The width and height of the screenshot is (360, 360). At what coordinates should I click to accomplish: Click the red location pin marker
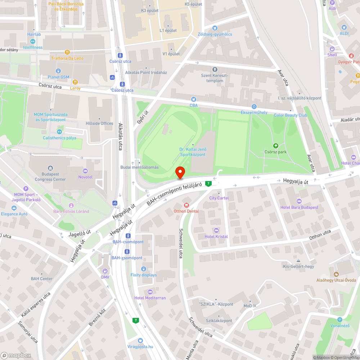pyautogui.click(x=180, y=172)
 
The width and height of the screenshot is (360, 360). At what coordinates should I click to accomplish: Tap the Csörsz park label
pyautogui.click(x=275, y=152)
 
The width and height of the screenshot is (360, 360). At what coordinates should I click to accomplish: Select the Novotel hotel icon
pyautogui.click(x=85, y=171)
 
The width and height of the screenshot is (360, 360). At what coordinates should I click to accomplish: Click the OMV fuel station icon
pyautogui.click(x=105, y=271)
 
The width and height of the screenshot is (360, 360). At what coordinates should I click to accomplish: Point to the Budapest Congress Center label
pyautogui.click(x=50, y=176)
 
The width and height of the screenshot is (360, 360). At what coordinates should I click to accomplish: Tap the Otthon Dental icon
pyautogui.click(x=186, y=205)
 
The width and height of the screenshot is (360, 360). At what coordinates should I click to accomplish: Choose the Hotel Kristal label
pyautogui.click(x=216, y=236)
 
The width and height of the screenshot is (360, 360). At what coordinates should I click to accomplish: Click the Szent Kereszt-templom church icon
pyautogui.click(x=215, y=69)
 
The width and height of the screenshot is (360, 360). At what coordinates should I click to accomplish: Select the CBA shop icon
pyautogui.click(x=194, y=99)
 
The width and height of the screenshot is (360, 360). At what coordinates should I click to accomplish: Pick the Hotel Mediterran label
pyautogui.click(x=150, y=298)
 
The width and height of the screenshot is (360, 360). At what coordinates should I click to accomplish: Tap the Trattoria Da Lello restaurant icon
pyautogui.click(x=67, y=52)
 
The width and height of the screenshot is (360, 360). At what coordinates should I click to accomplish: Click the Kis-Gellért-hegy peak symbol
pyautogui.click(x=298, y=261)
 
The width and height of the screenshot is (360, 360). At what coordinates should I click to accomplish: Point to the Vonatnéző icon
pyautogui.click(x=339, y=320)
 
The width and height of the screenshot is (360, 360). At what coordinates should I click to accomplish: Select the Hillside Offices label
pyautogui.click(x=99, y=123)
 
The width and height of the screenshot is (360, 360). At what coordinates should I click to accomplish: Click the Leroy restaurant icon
pyautogui.click(x=76, y=82)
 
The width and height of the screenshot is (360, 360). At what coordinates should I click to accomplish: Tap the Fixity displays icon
pyautogui.click(x=144, y=269)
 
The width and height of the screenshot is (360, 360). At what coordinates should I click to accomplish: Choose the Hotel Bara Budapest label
pyautogui.click(x=299, y=207)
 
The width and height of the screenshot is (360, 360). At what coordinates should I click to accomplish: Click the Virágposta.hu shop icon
pyautogui.click(x=140, y=341)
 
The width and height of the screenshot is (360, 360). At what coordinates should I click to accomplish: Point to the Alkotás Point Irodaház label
pyautogui.click(x=146, y=72)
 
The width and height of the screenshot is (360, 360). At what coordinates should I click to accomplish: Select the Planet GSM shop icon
pyautogui.click(x=58, y=71)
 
